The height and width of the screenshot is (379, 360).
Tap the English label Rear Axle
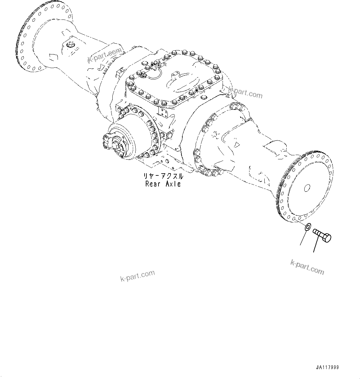pos(163,184)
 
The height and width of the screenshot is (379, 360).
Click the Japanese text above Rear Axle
pos(163,176)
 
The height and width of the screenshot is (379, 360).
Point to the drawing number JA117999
pos(327,368)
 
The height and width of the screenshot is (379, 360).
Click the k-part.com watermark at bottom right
pos(307,267)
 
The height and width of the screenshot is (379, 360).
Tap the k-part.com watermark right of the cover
pos(245,93)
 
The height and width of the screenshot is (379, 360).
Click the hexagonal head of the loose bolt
pos(327,238)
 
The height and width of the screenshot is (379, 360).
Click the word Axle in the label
pos(172,184)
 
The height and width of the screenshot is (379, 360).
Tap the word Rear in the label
pos(153,184)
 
